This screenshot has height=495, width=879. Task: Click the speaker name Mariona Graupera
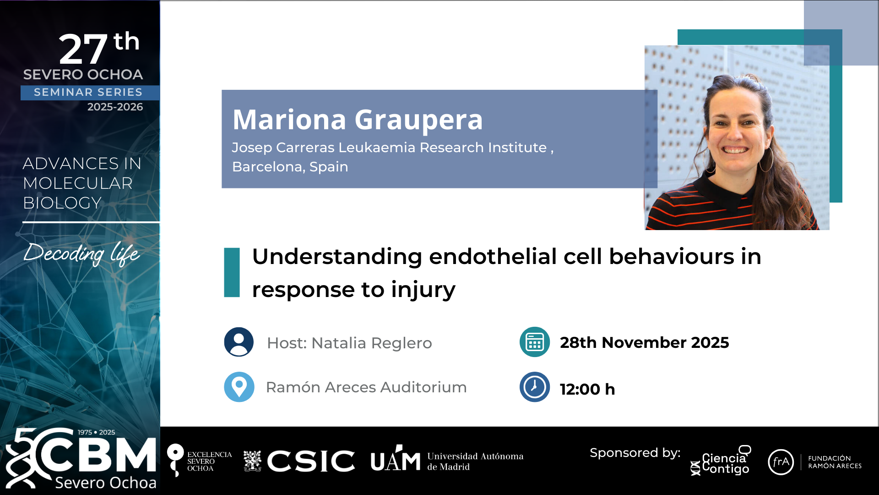(x=358, y=120)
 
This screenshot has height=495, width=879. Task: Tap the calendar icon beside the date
(x=534, y=342)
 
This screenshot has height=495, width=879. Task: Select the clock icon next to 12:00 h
(x=534, y=387)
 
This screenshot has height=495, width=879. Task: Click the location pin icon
(x=239, y=387)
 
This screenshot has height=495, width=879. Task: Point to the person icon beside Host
(x=239, y=342)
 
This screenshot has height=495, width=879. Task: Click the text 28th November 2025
(x=644, y=342)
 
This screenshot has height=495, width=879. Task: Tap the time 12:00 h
(x=587, y=389)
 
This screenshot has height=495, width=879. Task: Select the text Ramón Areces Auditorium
(x=366, y=387)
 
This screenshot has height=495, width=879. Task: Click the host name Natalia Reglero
(x=372, y=343)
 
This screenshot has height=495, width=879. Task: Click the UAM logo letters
(x=395, y=459)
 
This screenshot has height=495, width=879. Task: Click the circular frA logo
(x=781, y=462)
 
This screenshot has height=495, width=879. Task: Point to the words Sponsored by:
(x=635, y=453)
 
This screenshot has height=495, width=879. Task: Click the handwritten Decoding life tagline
(x=81, y=253)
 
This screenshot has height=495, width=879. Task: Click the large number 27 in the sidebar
(x=83, y=49)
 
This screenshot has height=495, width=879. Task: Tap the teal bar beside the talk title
(x=232, y=273)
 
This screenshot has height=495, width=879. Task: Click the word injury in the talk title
(x=423, y=290)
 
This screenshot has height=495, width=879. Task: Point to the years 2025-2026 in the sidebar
(x=115, y=107)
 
